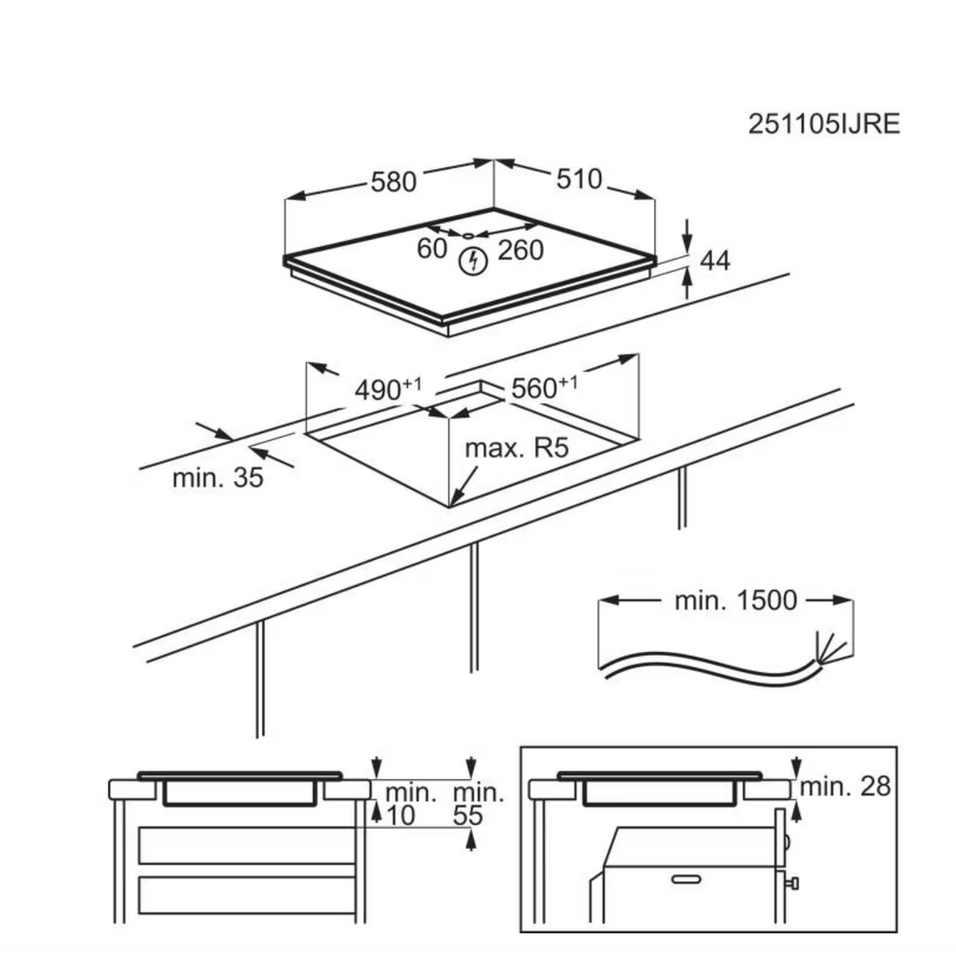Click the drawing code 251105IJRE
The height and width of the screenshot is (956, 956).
pyautogui.click(x=824, y=124)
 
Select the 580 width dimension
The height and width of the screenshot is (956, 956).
pyautogui.click(x=394, y=182)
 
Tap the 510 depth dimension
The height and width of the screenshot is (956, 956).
pyautogui.click(x=578, y=180)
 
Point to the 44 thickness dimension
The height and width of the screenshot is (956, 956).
pyautogui.click(x=714, y=260)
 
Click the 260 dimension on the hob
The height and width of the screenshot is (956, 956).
pyautogui.click(x=521, y=250)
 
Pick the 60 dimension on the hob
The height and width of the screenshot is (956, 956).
pyautogui.click(x=432, y=249)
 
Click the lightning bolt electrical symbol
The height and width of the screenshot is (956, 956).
pyautogui.click(x=472, y=261)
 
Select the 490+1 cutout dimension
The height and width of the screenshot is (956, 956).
pyautogui.click(x=388, y=389)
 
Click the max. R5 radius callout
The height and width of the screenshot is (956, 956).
pyautogui.click(x=516, y=448)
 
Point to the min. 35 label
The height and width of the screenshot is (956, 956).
pyautogui.click(x=218, y=477)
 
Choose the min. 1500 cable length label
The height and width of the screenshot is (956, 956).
pyautogui.click(x=735, y=600)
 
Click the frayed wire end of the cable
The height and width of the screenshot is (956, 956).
pyautogui.click(x=828, y=649)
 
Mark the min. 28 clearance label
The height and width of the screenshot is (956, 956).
pyautogui.click(x=845, y=787)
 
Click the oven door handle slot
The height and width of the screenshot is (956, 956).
pyautogui.click(x=685, y=880)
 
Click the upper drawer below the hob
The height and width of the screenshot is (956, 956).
pyautogui.click(x=247, y=845)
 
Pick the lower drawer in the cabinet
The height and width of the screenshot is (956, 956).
pyautogui.click(x=247, y=895)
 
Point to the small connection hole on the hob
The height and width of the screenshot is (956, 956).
pyautogui.click(x=468, y=235)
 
